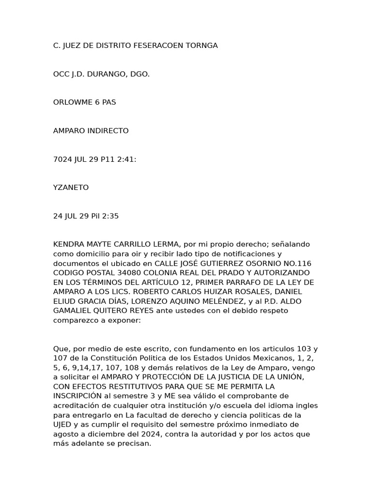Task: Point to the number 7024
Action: tap(62, 159)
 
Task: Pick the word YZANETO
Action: tap(71, 187)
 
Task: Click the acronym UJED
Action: tap(62, 424)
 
